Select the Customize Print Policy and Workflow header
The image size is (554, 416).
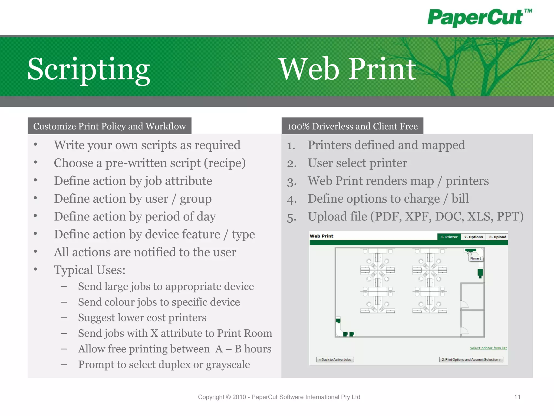(109, 126)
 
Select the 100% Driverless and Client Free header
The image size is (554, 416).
(352, 126)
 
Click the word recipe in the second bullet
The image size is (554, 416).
(225, 163)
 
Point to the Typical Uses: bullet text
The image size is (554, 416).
(90, 270)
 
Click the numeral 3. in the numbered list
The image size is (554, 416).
(292, 181)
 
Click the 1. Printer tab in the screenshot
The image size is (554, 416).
(449, 237)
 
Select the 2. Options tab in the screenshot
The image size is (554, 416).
(473, 237)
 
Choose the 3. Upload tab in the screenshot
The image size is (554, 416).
(497, 237)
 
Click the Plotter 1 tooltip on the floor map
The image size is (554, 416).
(476, 259)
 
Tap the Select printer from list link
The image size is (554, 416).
(488, 348)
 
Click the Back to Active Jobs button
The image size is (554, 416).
(335, 360)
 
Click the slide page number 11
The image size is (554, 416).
(517, 397)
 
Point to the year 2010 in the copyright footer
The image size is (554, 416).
(239, 397)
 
